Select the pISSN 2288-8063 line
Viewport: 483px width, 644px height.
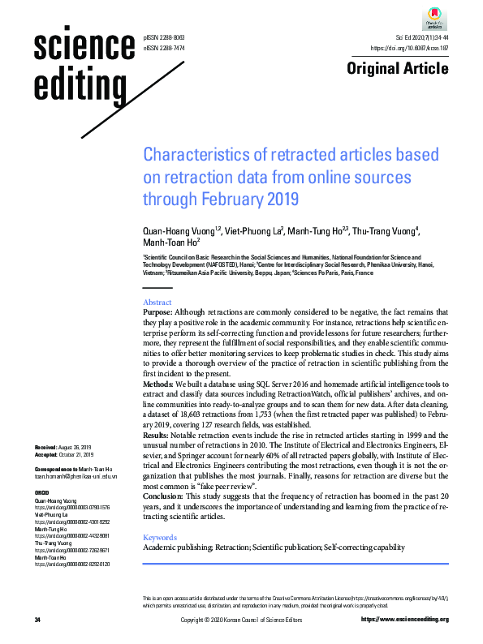click(163, 38)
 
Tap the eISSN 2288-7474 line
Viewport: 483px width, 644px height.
click(163, 49)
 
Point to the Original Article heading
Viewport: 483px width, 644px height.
click(398, 68)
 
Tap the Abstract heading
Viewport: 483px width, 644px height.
click(157, 301)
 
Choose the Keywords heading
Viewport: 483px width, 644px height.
click(160, 537)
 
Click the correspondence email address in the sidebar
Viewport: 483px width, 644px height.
click(71, 478)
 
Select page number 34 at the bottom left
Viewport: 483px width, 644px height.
click(37, 620)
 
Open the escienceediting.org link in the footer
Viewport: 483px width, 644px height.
click(403, 620)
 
